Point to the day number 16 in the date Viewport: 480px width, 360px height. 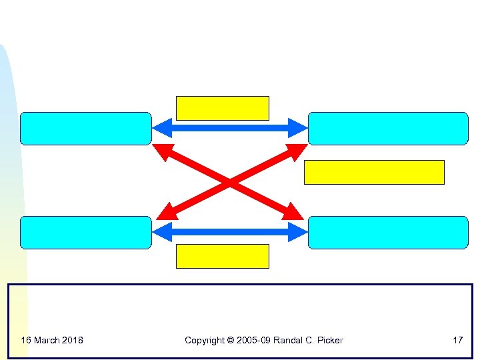point(26,340)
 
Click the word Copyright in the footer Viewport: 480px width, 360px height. point(205,340)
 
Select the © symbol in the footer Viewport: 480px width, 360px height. point(231,340)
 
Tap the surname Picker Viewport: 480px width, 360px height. point(330,340)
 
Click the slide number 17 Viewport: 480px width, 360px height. point(457,340)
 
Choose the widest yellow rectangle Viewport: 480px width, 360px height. point(374,172)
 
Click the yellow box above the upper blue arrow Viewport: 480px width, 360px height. point(222,108)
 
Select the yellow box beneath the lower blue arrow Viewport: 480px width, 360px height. point(222,256)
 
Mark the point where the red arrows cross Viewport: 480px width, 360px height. point(229,181)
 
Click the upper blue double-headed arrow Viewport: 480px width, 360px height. point(229,127)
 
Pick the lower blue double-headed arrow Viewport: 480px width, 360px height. point(229,232)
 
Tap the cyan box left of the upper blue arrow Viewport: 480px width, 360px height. point(86,129)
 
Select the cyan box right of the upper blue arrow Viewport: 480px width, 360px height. point(388,129)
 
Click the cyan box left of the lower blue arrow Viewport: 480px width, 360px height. point(86,233)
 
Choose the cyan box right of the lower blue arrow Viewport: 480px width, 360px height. point(388,233)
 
